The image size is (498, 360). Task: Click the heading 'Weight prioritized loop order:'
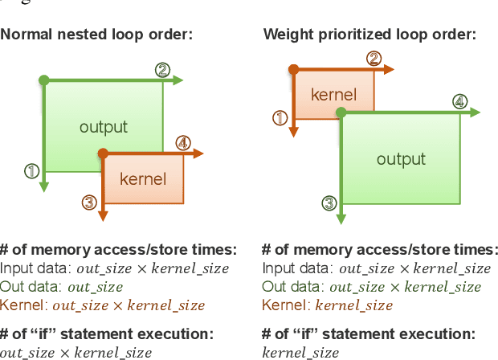click(x=369, y=35)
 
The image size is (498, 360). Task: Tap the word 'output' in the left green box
click(x=104, y=127)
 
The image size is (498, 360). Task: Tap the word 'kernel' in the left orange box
click(x=143, y=178)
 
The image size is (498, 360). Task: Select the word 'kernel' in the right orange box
click(x=333, y=95)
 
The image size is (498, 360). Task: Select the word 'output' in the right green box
click(x=401, y=159)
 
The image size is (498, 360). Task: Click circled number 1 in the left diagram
click(x=32, y=170)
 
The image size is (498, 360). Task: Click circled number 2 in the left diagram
click(x=162, y=70)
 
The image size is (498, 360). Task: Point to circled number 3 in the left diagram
click(x=90, y=202)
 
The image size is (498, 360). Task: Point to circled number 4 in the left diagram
click(x=183, y=144)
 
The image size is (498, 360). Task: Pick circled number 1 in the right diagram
click(x=280, y=118)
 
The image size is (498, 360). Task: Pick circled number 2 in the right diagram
click(x=373, y=59)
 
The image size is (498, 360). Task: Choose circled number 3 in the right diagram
click(x=329, y=203)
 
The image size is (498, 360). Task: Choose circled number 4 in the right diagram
click(x=459, y=102)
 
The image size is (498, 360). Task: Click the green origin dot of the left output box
click(x=44, y=80)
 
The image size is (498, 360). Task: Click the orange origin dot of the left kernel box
click(x=103, y=153)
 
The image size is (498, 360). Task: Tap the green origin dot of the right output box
click(x=341, y=113)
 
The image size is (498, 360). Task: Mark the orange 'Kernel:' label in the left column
click(x=24, y=305)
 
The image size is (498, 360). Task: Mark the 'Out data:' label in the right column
click(x=293, y=287)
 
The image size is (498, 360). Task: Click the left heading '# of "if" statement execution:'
click(x=107, y=333)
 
